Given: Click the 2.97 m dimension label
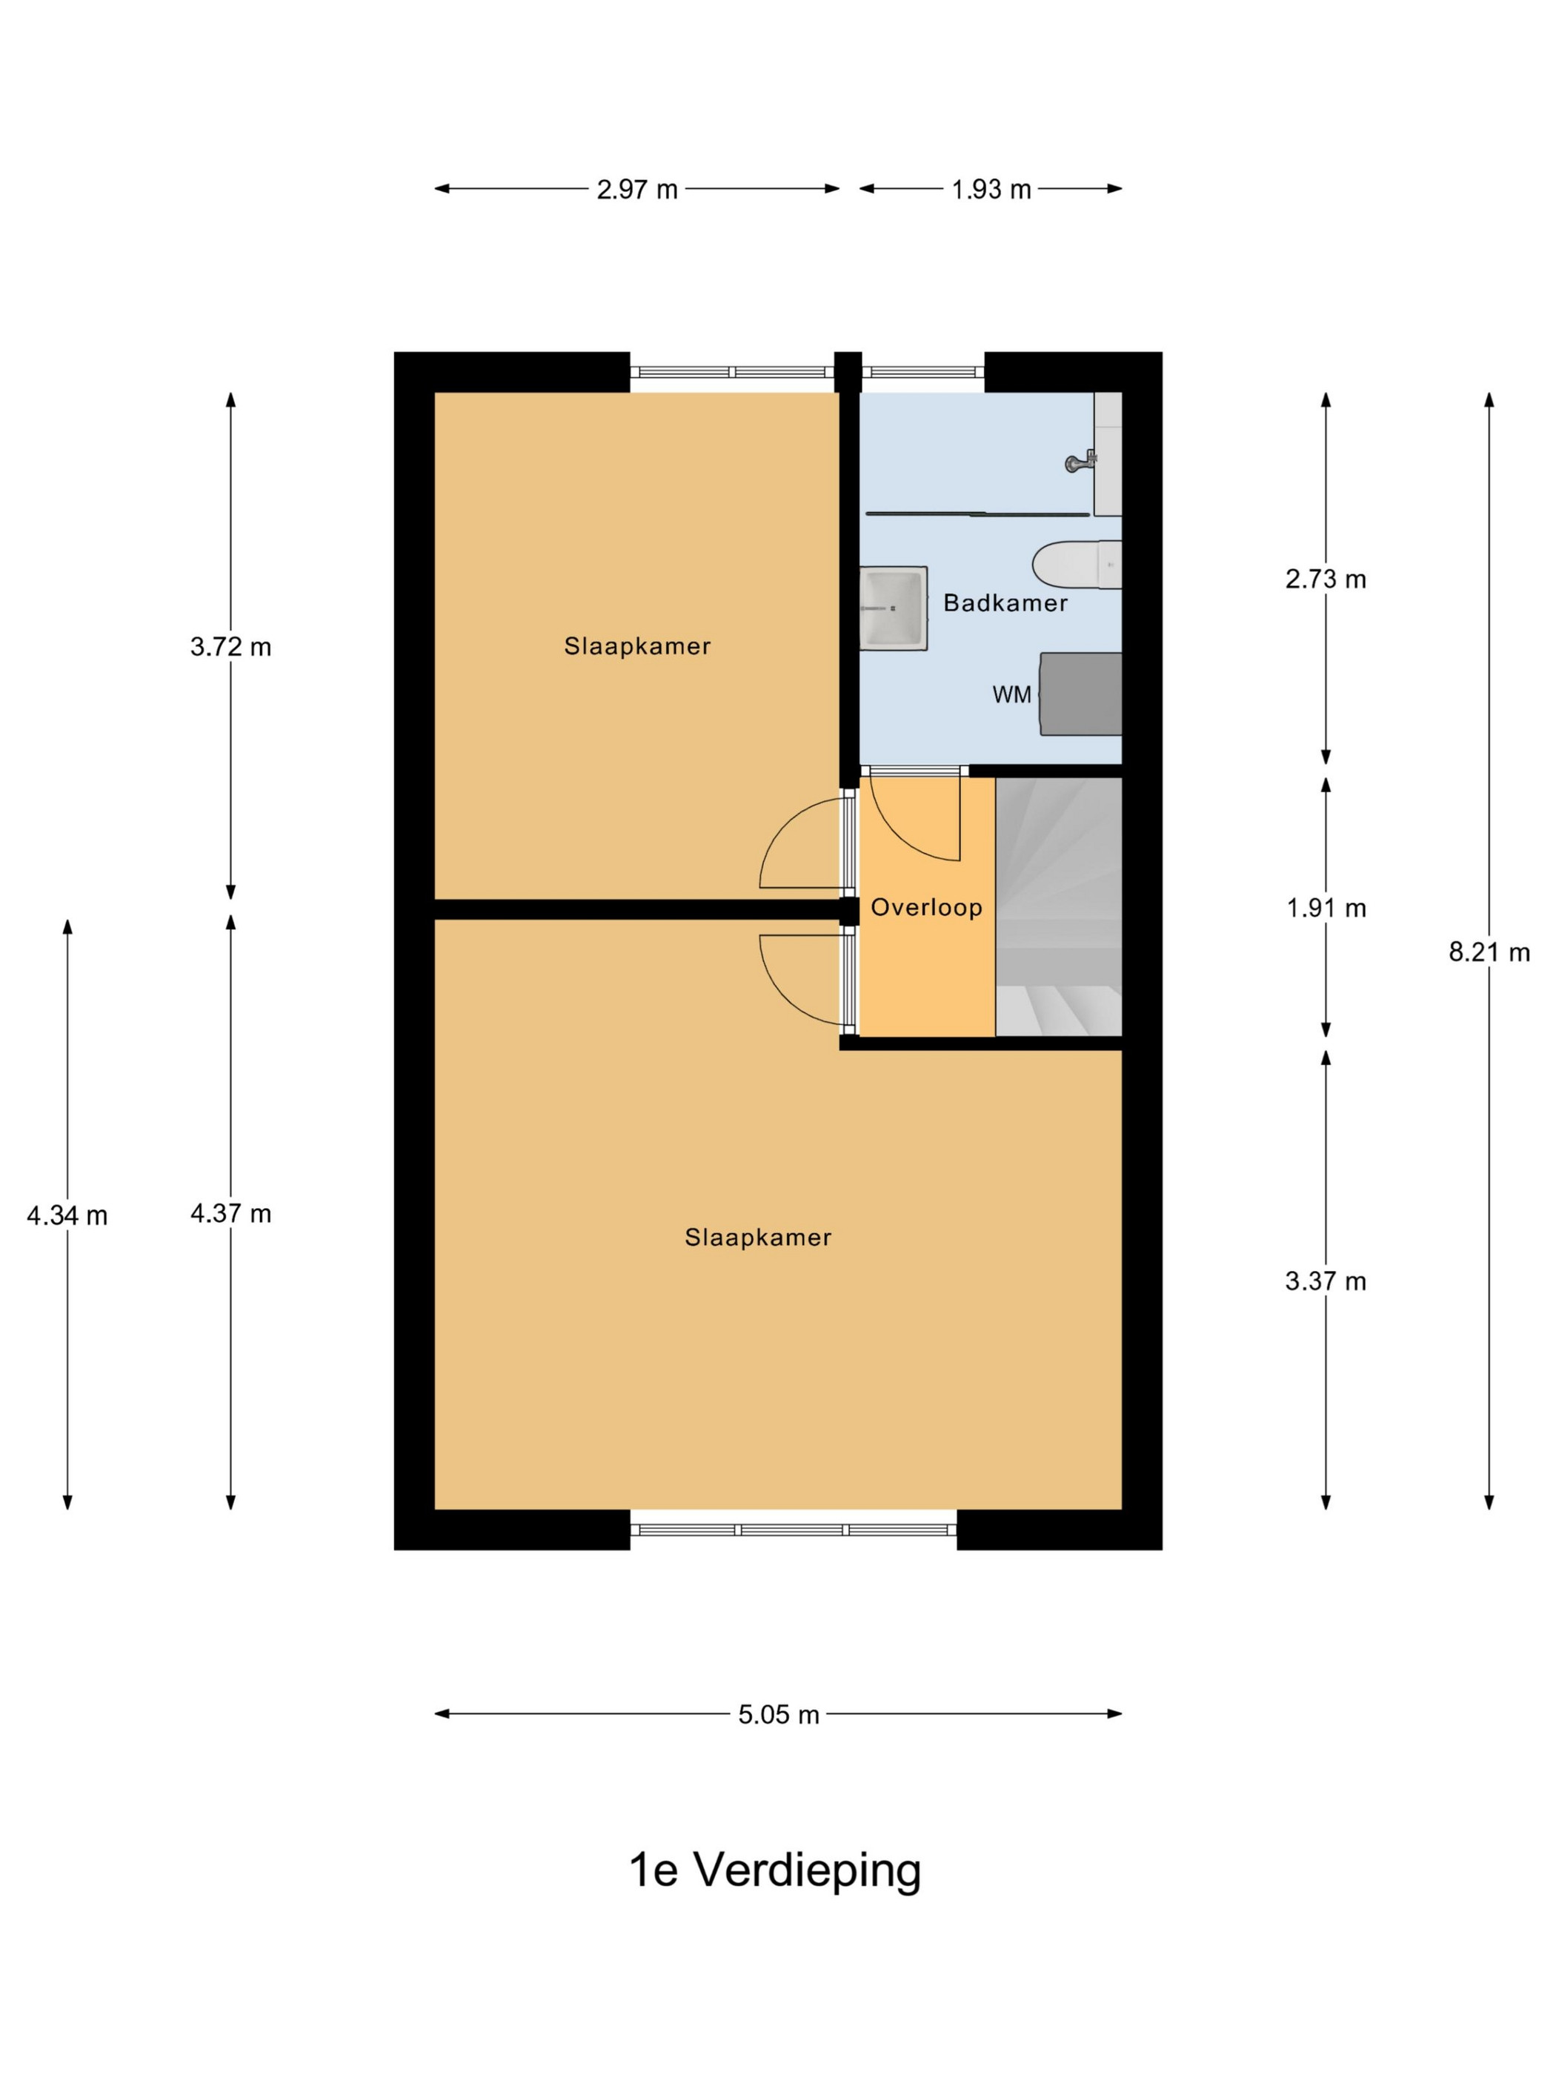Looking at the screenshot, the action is click(x=636, y=190).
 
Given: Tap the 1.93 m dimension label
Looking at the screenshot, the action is click(x=991, y=190).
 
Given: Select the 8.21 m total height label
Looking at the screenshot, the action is click(x=1489, y=952).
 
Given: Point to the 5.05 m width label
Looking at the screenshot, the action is click(x=779, y=1715).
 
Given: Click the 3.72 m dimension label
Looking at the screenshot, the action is click(x=230, y=646).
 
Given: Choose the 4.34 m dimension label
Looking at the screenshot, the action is click(x=67, y=1216).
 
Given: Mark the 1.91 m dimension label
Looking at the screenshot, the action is click(x=1326, y=908).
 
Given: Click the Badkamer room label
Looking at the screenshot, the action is click(x=1005, y=603).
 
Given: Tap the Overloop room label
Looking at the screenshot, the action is click(x=927, y=907).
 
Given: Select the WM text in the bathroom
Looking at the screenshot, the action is click(x=1012, y=695).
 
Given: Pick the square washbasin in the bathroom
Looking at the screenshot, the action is click(x=894, y=608).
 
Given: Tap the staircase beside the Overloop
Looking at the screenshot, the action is click(x=1059, y=907).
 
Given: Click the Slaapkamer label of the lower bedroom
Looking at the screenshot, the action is click(x=758, y=1238).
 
